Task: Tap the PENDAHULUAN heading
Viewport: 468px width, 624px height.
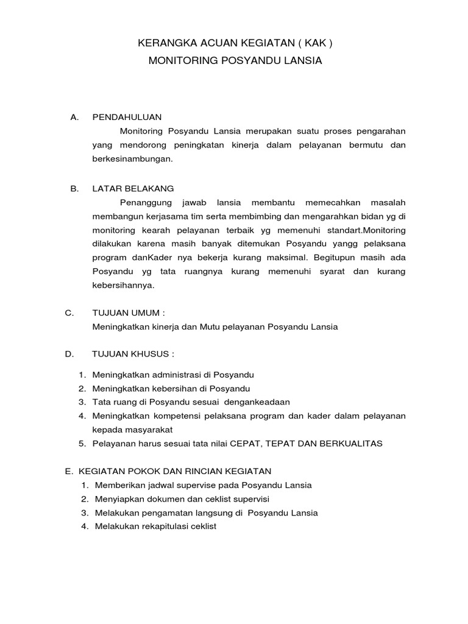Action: click(126, 117)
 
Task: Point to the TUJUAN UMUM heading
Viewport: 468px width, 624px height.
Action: click(128, 313)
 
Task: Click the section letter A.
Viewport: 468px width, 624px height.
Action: click(75, 117)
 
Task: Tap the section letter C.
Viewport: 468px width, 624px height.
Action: click(69, 313)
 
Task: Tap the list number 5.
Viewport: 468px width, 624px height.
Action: click(82, 444)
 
